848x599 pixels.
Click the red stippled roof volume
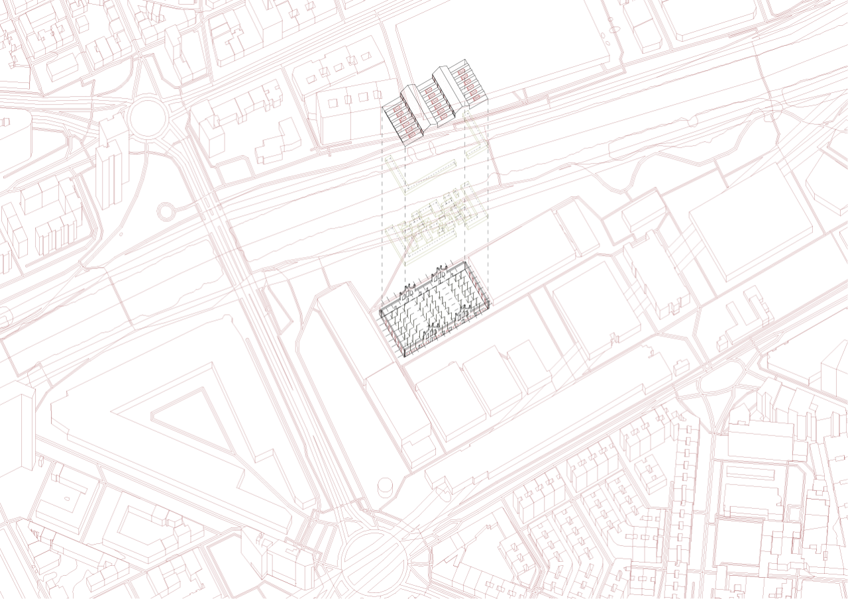(437, 99)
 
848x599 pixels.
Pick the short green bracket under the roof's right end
(475, 135)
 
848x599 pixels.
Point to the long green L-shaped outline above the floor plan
(424, 178)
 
